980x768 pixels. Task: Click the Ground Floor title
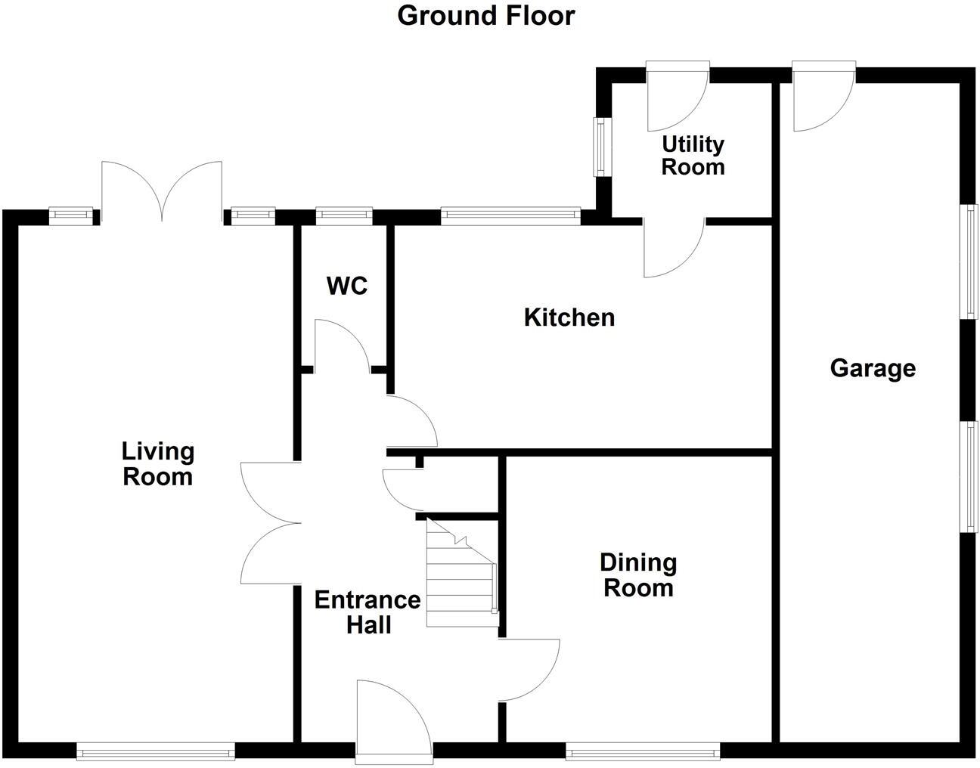[x=486, y=15]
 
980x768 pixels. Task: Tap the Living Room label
[x=158, y=464]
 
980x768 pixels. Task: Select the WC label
[x=347, y=286]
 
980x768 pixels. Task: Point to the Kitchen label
[x=569, y=317]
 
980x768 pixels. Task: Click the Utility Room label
[x=693, y=155]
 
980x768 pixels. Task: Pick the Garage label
[x=873, y=368]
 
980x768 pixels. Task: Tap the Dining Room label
[x=638, y=574]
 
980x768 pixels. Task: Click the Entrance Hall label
[x=367, y=612]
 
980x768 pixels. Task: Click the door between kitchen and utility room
[x=673, y=248]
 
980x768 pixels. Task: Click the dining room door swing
[x=528, y=670]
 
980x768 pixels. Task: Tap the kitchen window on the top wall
[x=510, y=217]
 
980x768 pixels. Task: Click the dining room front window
[x=643, y=751]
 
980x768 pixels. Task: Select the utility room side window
[x=602, y=147]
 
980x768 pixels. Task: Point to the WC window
[x=344, y=217]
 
